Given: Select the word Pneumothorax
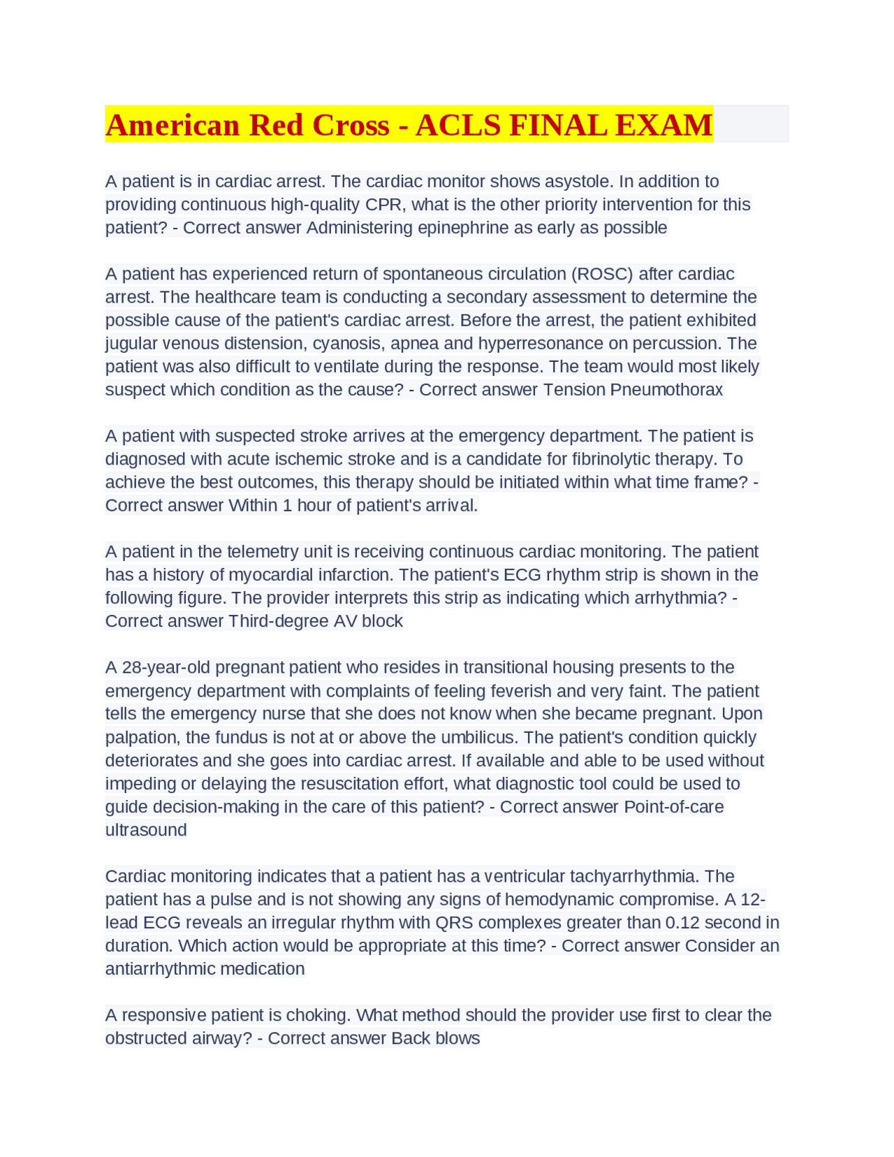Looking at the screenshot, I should (666, 389).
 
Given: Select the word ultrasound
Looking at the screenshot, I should (146, 829).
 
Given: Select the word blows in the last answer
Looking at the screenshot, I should (457, 1038).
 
